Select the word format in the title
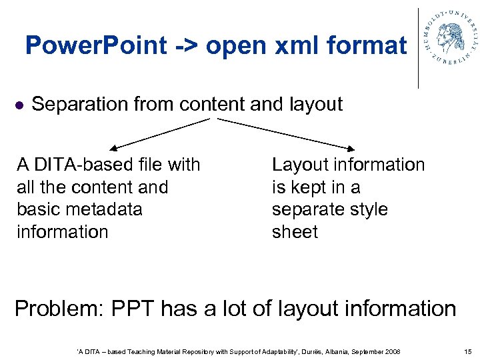pyautogui.click(x=368, y=46)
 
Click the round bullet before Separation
pyautogui.click(x=19, y=105)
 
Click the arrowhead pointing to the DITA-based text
pyautogui.click(x=113, y=148)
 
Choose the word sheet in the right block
pyautogui.click(x=295, y=232)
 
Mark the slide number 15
pyautogui.click(x=466, y=351)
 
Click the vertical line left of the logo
pyautogui.click(x=419, y=48)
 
